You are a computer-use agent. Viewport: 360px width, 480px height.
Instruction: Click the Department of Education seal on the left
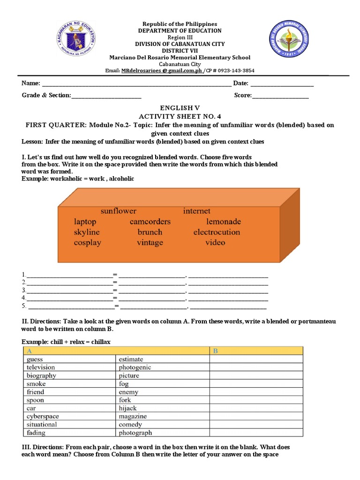tap(76, 41)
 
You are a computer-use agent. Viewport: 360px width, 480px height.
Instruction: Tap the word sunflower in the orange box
tap(118, 211)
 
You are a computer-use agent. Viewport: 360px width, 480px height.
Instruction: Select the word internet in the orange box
tap(197, 211)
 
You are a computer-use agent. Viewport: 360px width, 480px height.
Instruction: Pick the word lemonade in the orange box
tap(223, 222)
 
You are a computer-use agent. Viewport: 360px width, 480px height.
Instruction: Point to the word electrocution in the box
tap(216, 232)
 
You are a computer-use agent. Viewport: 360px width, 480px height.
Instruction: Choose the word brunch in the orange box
tap(150, 232)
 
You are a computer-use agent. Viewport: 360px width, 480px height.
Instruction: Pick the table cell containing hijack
tap(127, 408)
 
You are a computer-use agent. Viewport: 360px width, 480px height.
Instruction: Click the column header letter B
tap(216, 351)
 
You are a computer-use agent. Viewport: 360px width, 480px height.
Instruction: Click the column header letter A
tap(30, 351)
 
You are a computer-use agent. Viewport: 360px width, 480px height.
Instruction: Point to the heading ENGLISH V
tap(180, 107)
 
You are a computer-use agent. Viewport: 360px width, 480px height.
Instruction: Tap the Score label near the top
tap(243, 96)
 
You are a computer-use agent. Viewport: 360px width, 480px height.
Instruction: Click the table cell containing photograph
tap(135, 433)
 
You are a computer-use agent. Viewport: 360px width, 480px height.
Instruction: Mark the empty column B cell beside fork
tap(256, 400)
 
